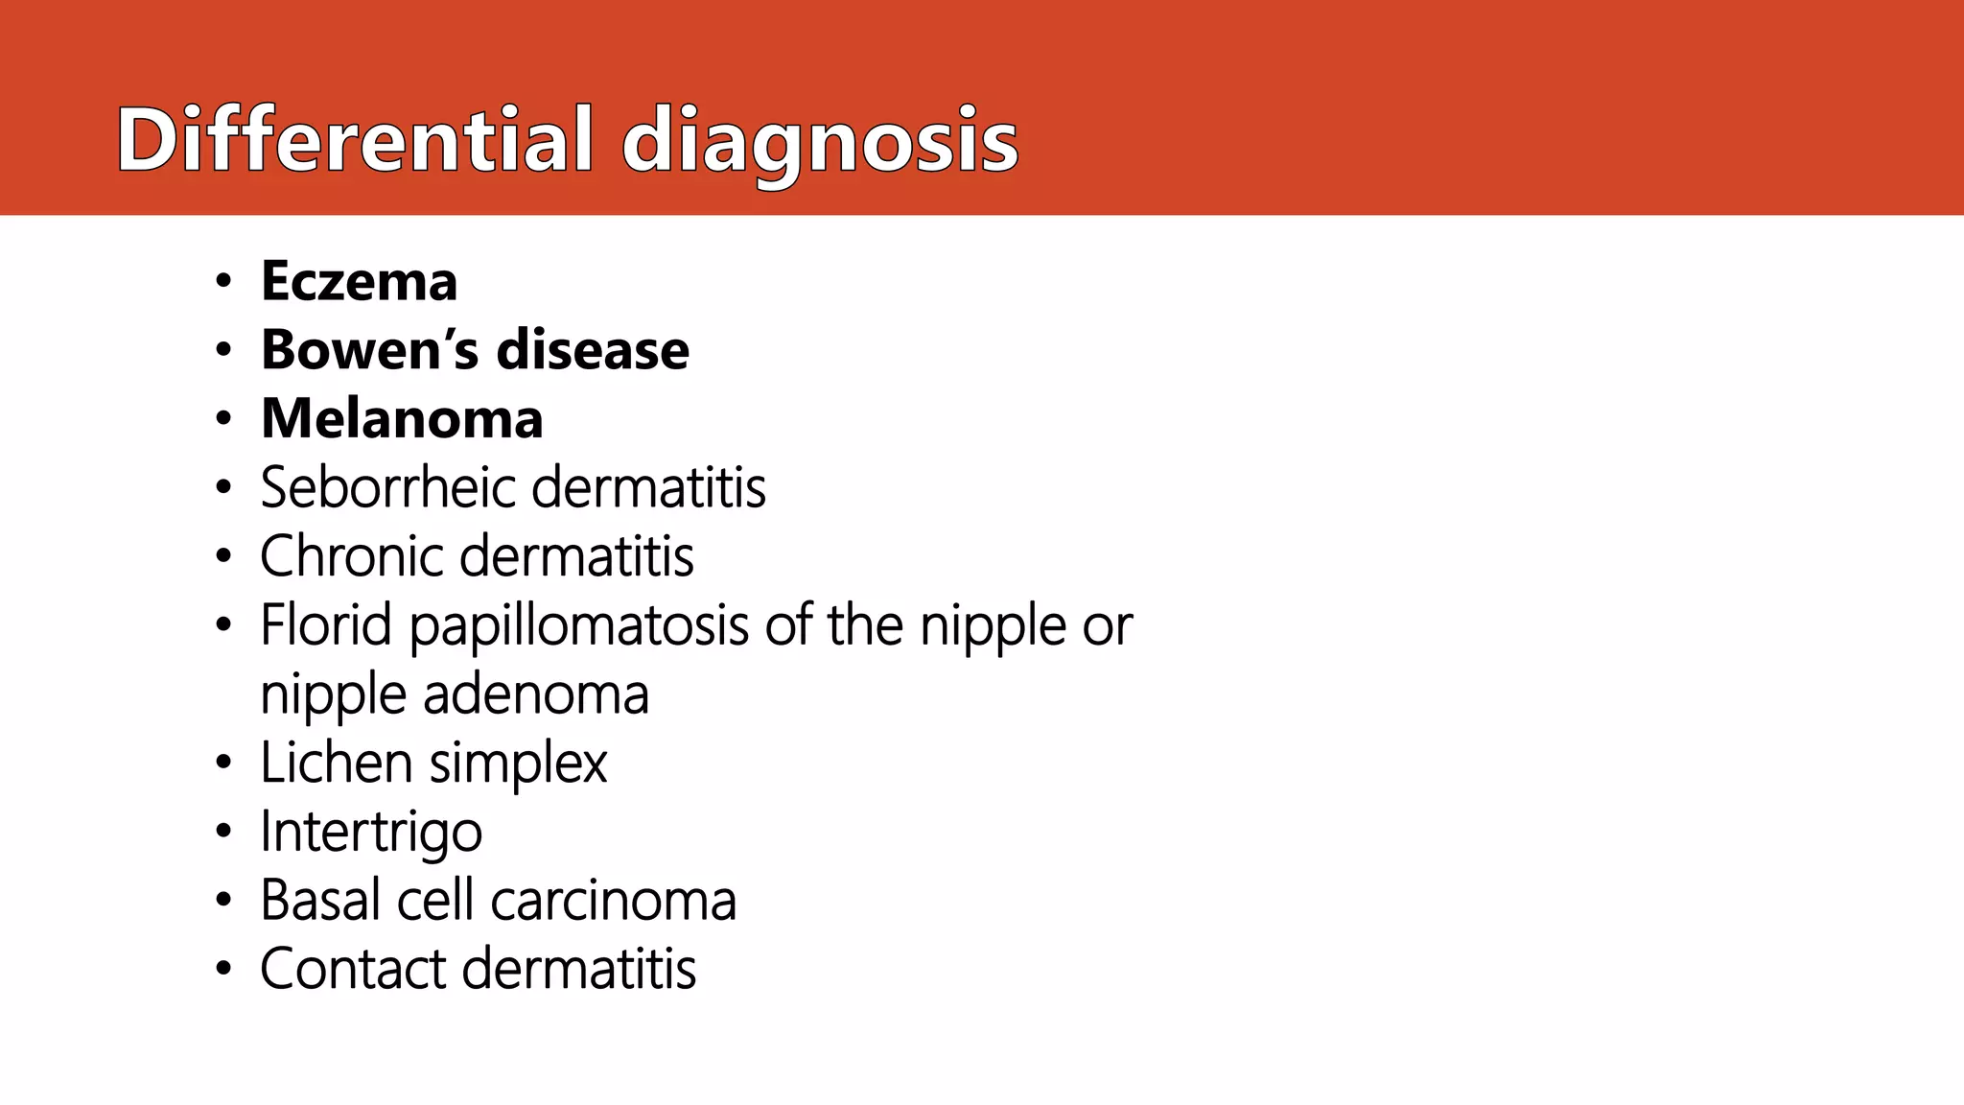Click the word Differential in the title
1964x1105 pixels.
[x=354, y=140]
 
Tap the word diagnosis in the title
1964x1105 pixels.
[x=820, y=144]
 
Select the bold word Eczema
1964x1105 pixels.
[x=359, y=281]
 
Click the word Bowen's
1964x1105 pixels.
[x=369, y=349]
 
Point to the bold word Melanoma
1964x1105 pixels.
[x=402, y=419]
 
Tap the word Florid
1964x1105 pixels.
[x=326, y=625]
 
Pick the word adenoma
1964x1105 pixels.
[x=536, y=694]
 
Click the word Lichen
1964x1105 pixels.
[x=337, y=764]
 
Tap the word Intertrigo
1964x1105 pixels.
[x=371, y=833]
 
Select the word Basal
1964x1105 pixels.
[x=319, y=901]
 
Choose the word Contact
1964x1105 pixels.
[x=353, y=969]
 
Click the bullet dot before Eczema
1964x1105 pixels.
[x=223, y=282]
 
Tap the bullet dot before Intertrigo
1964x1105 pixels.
[x=223, y=832]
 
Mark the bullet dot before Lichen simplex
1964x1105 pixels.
[x=223, y=764]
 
